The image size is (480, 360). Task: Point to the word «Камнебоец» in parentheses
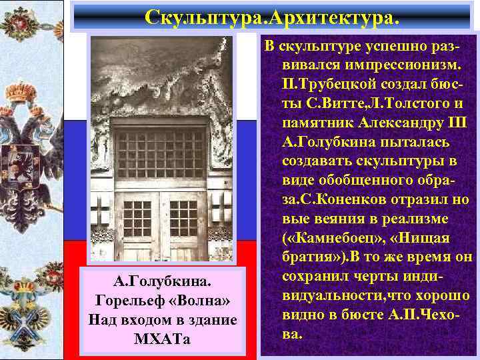coord(334,238)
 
